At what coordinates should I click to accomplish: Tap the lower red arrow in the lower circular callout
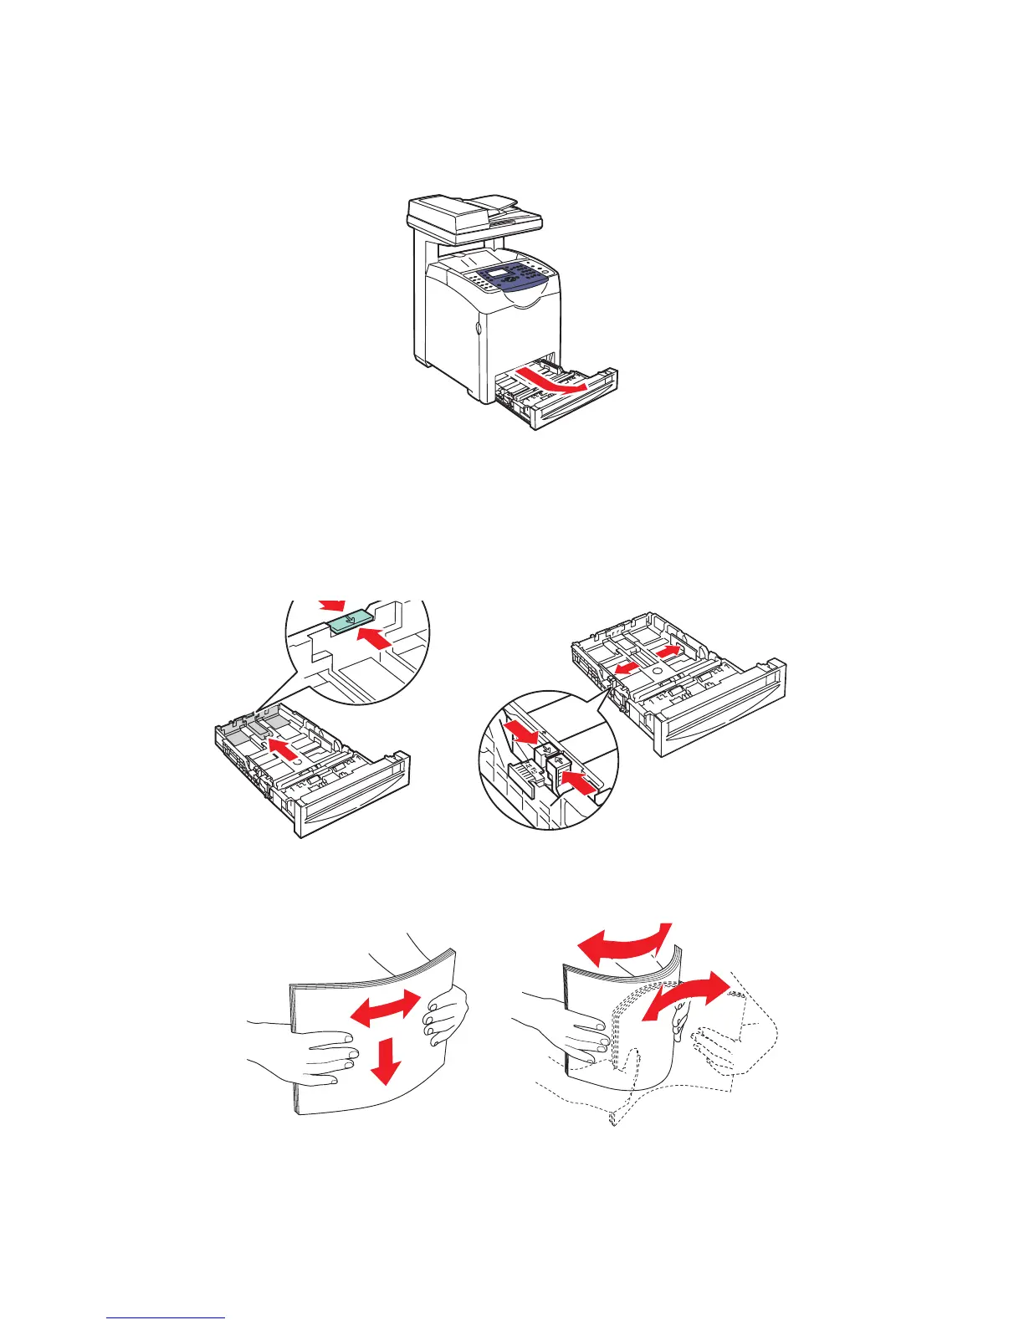point(580,783)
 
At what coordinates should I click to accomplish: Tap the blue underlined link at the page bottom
point(166,1317)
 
